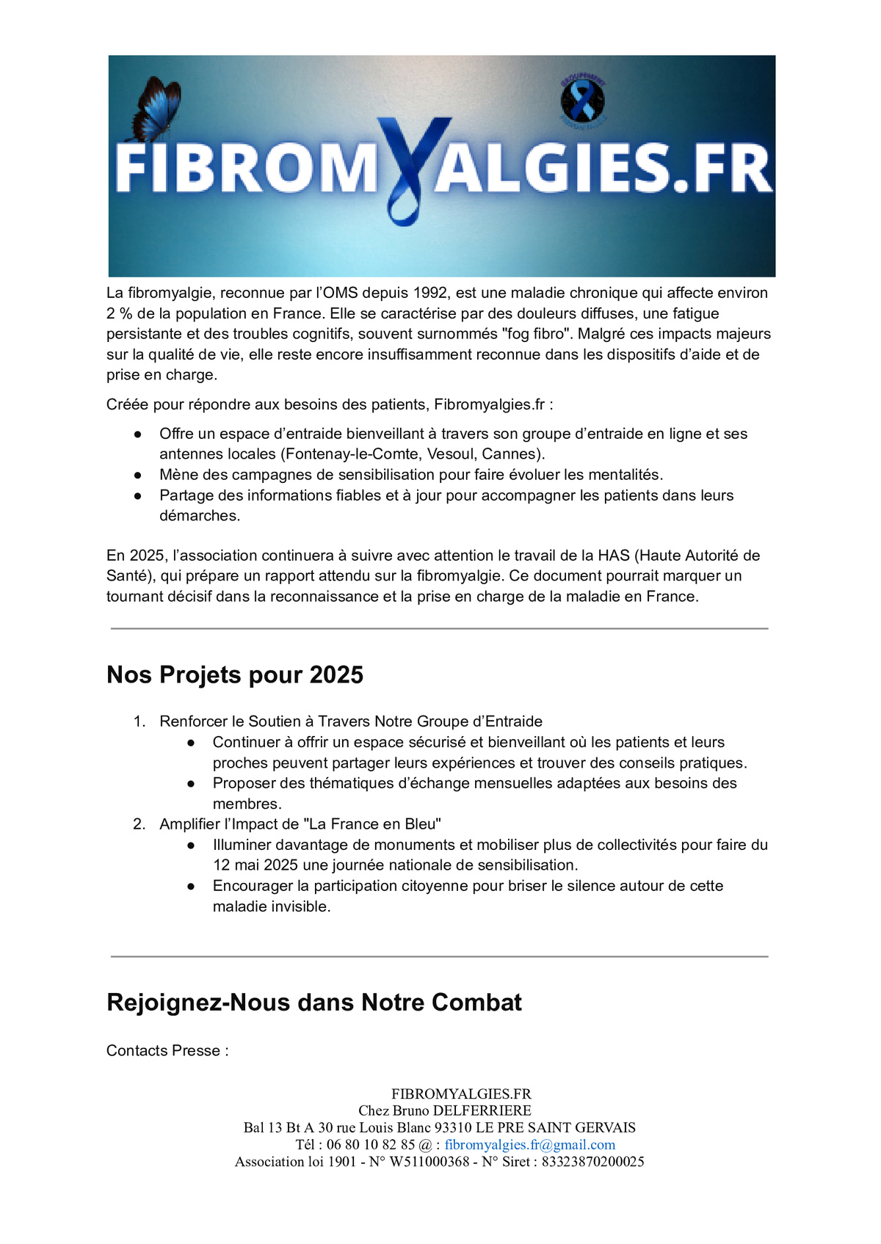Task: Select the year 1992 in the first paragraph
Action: pos(430,293)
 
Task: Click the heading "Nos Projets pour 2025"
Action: pos(235,674)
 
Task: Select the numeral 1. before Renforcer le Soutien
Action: pos(139,721)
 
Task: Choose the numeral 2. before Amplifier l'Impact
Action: pos(139,824)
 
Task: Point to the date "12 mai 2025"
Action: pos(255,865)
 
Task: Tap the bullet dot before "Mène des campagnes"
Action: pos(137,475)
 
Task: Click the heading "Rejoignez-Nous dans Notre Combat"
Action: pos(314,1003)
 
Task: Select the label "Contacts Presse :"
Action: pos(167,1051)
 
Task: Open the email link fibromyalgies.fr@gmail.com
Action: pos(530,1145)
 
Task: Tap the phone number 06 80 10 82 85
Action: pos(371,1145)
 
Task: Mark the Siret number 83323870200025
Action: pos(592,1162)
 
